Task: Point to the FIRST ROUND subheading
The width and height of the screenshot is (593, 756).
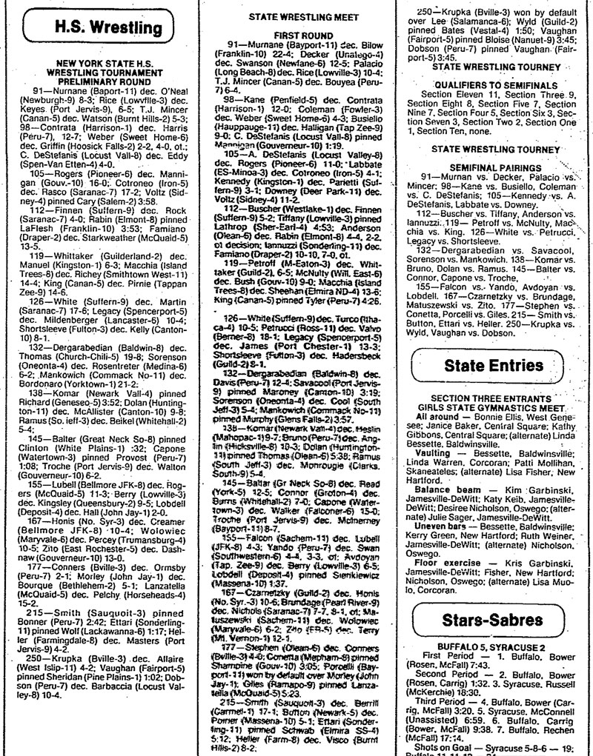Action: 296,35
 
